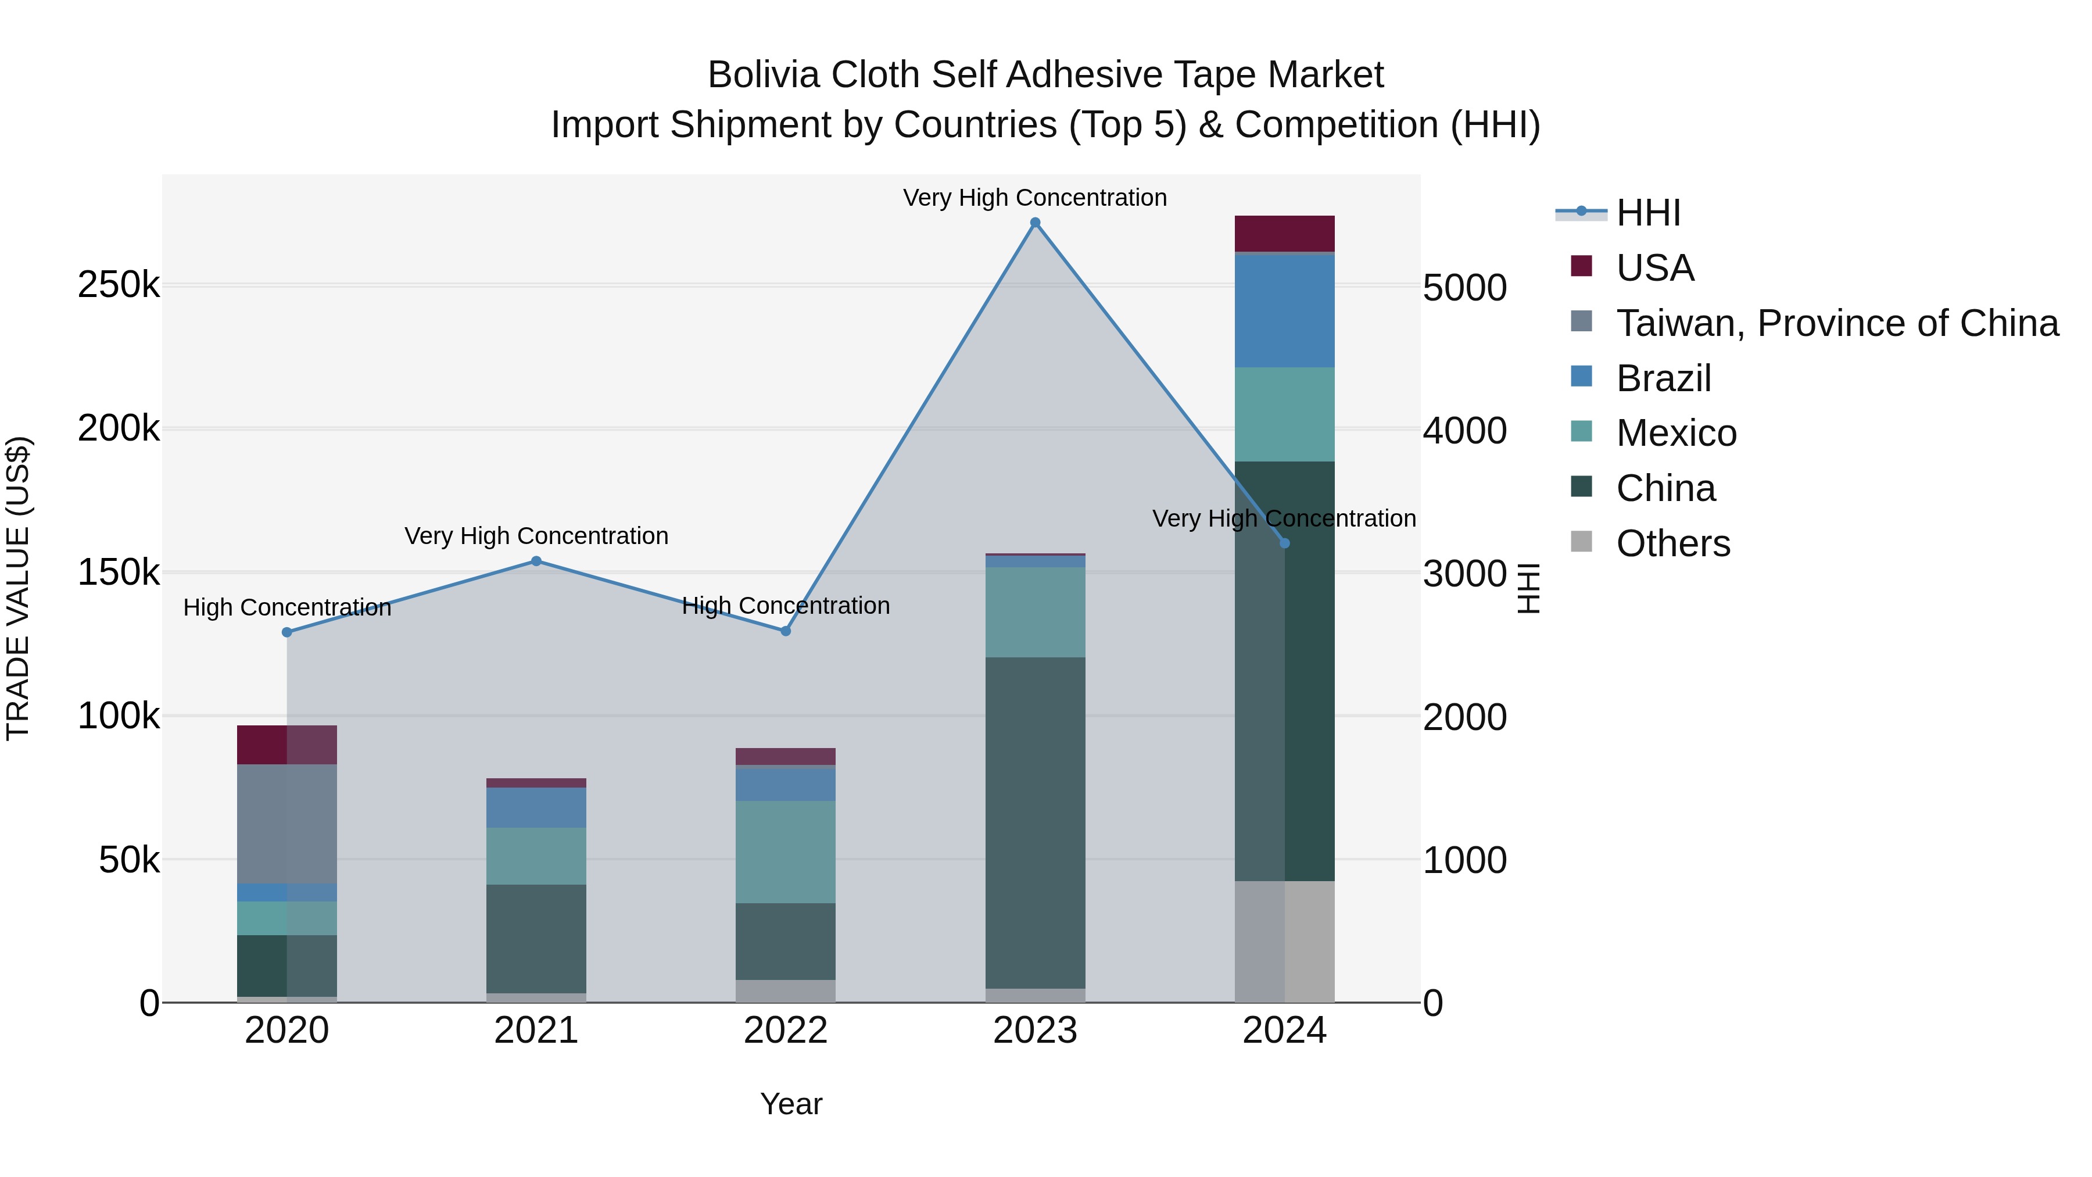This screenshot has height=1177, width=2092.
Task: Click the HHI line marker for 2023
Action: (1034, 223)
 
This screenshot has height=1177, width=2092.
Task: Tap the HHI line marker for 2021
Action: (536, 561)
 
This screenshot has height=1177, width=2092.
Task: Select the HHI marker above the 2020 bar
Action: (286, 632)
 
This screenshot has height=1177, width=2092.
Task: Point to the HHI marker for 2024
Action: (1284, 543)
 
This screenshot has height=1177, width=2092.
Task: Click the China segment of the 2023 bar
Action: (1034, 822)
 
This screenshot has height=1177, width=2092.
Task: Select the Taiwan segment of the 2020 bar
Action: (286, 823)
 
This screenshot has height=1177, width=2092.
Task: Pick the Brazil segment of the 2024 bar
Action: (1284, 311)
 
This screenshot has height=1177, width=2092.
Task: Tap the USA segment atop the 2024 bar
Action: (1284, 234)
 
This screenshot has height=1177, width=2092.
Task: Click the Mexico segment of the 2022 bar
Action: (785, 852)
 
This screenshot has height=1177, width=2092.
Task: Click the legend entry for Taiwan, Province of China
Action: (1837, 323)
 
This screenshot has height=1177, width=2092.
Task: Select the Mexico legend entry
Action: (1675, 433)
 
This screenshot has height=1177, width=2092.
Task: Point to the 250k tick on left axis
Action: (119, 285)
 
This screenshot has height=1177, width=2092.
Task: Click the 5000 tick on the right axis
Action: (1465, 288)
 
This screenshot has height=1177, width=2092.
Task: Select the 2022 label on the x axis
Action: (785, 1031)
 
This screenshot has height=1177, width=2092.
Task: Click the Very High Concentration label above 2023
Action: (1034, 198)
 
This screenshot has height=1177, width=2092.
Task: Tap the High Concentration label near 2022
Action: (785, 606)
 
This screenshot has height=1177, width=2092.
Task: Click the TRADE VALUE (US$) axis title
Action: (18, 588)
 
